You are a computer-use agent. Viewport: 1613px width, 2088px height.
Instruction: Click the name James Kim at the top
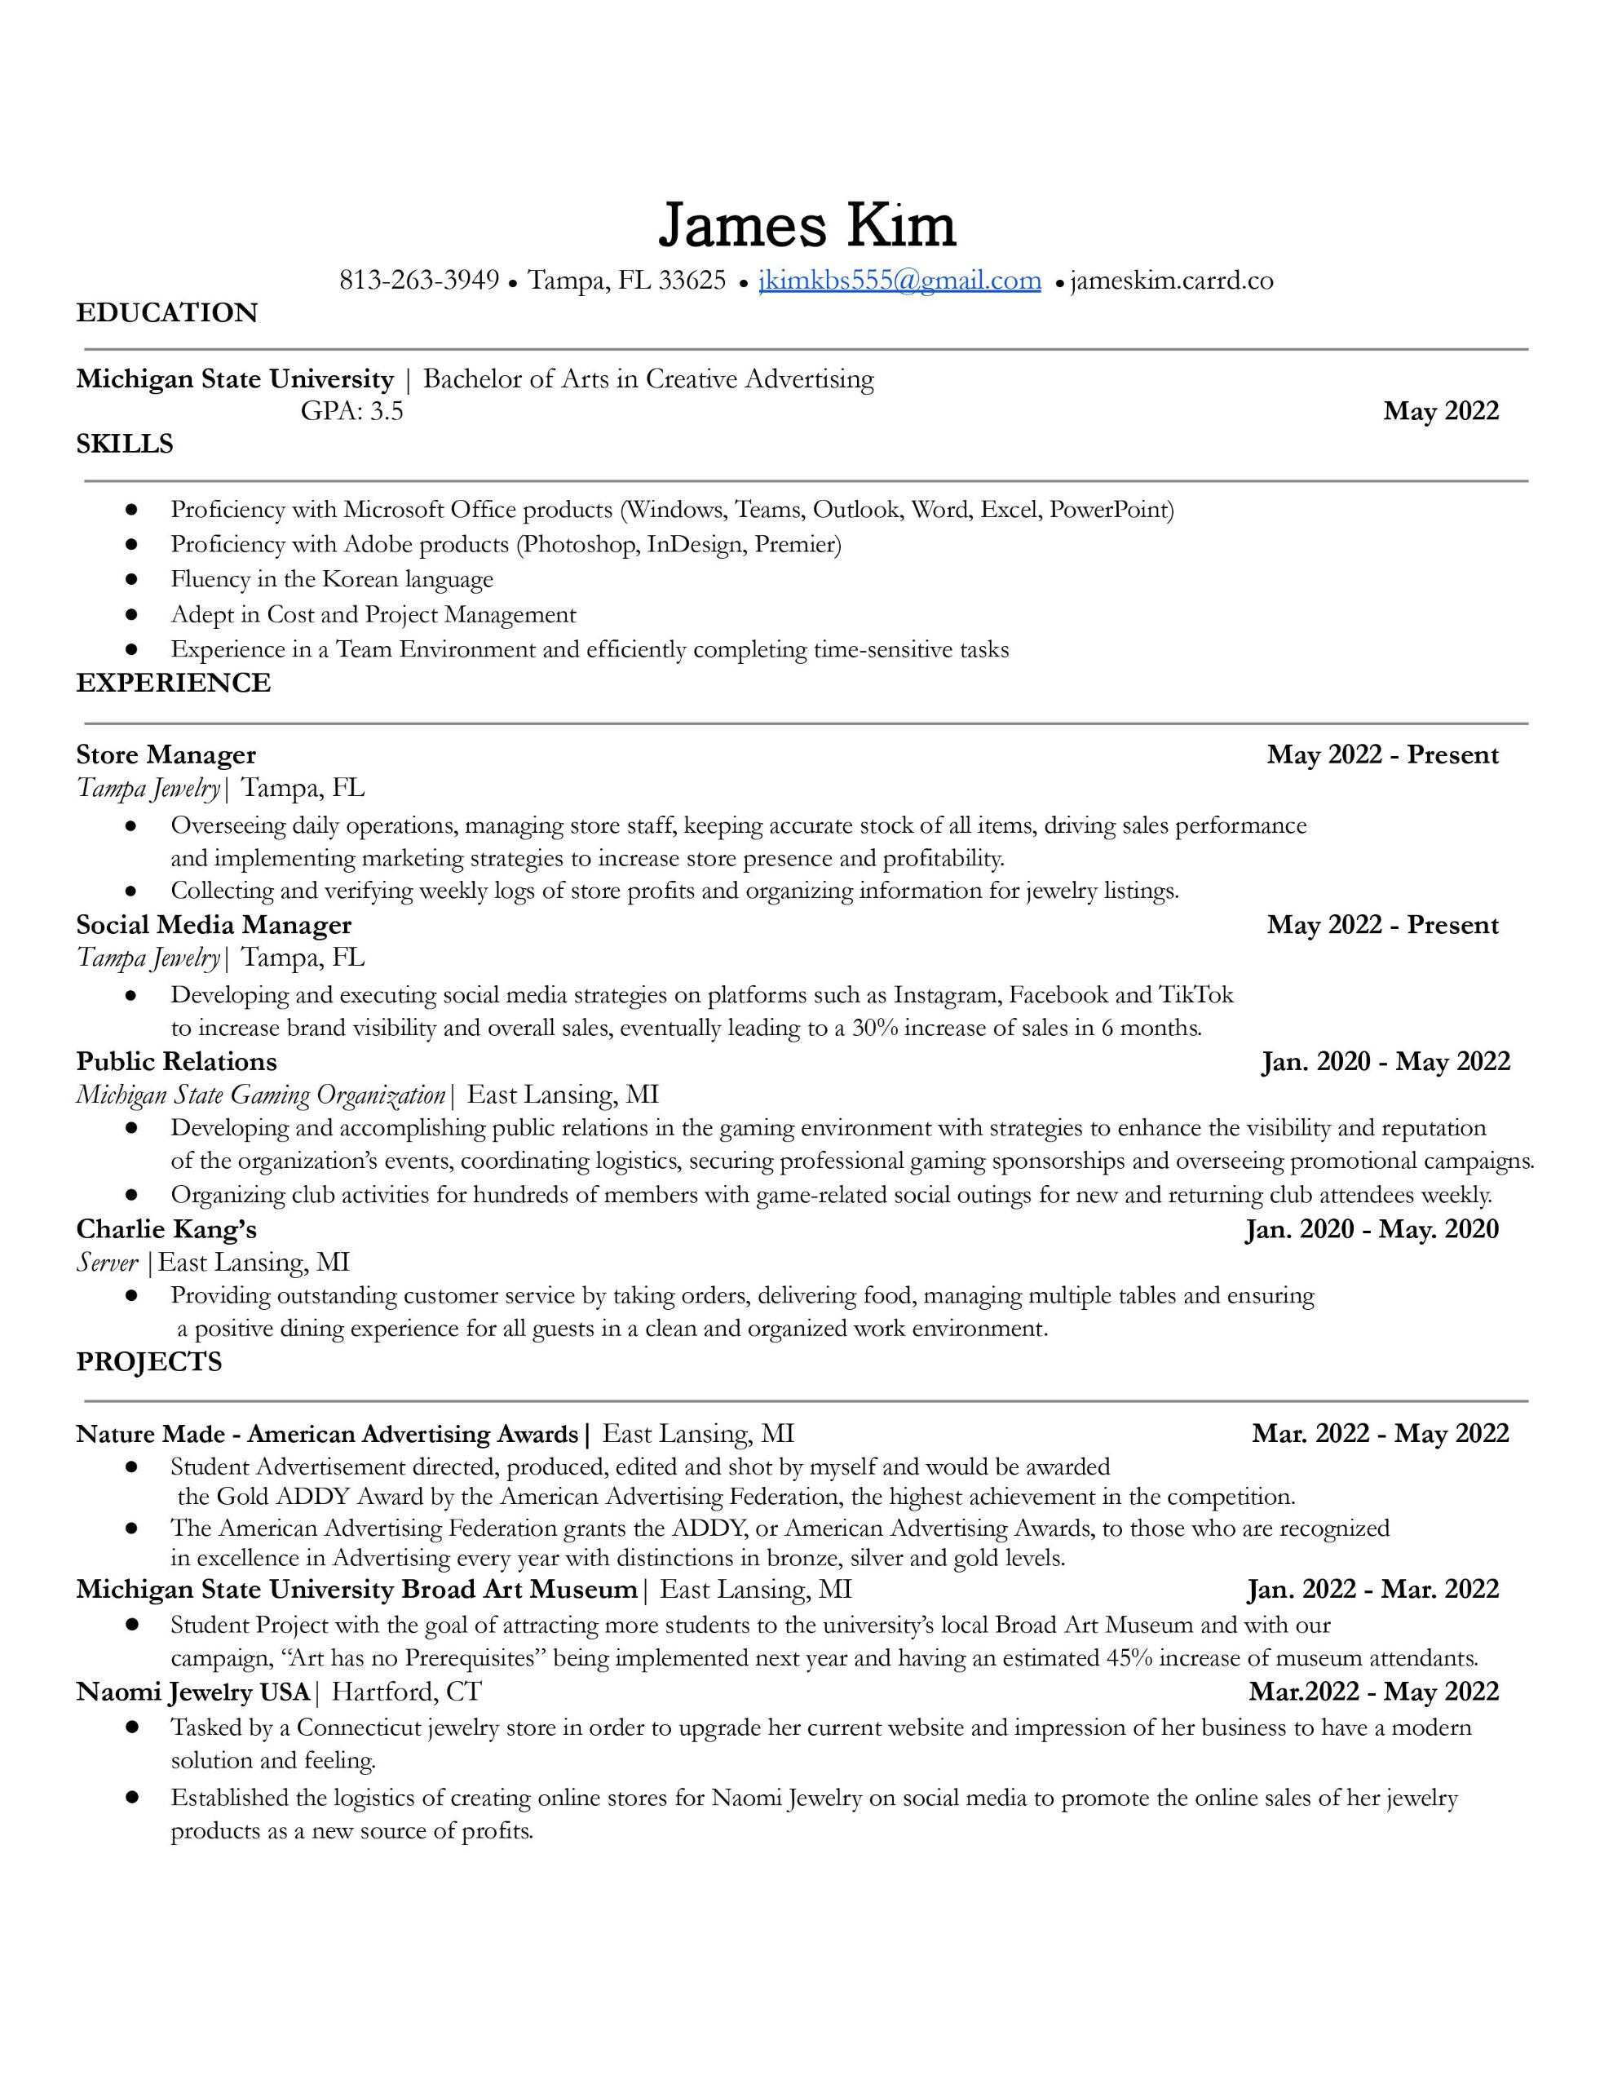coord(806,226)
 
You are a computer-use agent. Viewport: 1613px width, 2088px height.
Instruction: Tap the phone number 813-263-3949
coord(419,280)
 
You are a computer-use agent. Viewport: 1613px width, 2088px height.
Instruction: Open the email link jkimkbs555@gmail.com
coord(899,280)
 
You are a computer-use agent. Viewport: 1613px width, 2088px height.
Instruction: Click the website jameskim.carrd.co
coord(1171,280)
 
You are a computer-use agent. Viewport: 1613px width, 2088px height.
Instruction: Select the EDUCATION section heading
coord(166,312)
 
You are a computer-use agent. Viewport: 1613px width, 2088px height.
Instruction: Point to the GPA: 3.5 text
coord(351,411)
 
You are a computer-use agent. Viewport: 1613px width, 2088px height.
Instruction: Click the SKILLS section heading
coord(124,444)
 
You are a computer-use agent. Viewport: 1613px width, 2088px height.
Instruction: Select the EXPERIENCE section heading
coord(173,683)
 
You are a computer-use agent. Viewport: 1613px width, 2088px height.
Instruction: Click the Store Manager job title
coord(166,755)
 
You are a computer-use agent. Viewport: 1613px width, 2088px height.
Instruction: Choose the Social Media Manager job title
coord(213,924)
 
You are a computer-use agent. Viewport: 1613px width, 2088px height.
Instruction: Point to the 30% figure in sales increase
coord(874,1028)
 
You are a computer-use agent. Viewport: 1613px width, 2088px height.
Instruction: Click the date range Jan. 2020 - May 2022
coord(1385,1061)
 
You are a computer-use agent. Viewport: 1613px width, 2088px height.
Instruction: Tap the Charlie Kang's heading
coord(166,1228)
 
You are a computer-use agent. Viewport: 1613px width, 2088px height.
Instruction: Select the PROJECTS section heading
coord(148,1361)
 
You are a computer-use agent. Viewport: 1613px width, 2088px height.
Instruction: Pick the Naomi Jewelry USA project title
coord(192,1692)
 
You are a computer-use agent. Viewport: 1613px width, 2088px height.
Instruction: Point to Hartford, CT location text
coord(405,1692)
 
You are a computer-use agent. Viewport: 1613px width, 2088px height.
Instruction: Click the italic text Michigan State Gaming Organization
coord(260,1095)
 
